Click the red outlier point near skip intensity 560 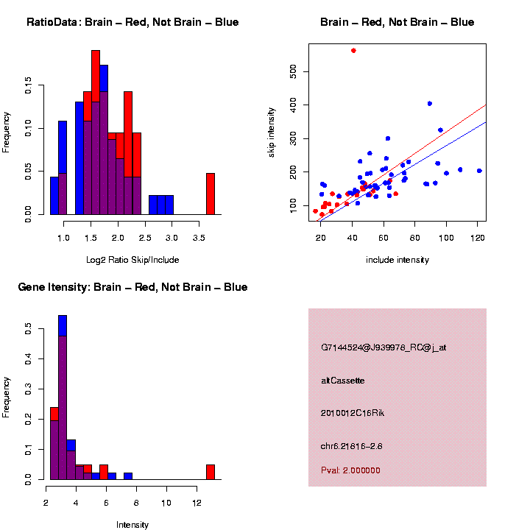pyautogui.click(x=354, y=50)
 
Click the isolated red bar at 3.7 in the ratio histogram pyautogui.click(x=211, y=194)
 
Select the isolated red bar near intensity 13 pyautogui.click(x=211, y=472)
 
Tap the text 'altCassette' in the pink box pyautogui.click(x=343, y=381)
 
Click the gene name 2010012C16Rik pyautogui.click(x=353, y=413)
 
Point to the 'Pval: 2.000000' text pyautogui.click(x=350, y=470)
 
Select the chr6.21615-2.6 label pyautogui.click(x=351, y=446)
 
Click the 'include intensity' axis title pyautogui.click(x=397, y=260)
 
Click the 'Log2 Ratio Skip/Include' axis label pyautogui.click(x=132, y=260)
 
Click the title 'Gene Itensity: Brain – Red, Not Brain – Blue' pyautogui.click(x=132, y=287)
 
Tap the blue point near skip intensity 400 pyautogui.click(x=430, y=103)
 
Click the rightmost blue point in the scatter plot pyautogui.click(x=479, y=171)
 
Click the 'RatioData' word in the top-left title pyautogui.click(x=52, y=22)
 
